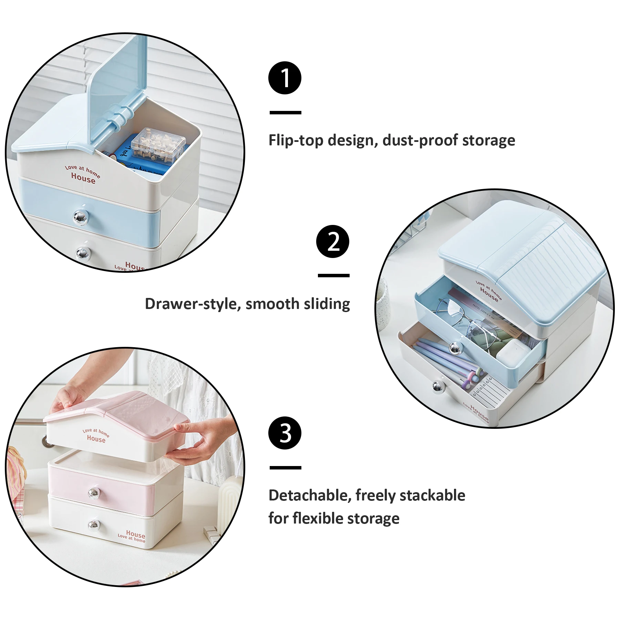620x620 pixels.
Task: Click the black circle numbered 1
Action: (x=285, y=78)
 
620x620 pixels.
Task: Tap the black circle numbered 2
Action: (x=333, y=241)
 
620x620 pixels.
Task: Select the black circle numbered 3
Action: (x=285, y=433)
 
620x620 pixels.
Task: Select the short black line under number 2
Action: (x=333, y=276)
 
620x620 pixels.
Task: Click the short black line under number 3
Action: (x=285, y=468)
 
